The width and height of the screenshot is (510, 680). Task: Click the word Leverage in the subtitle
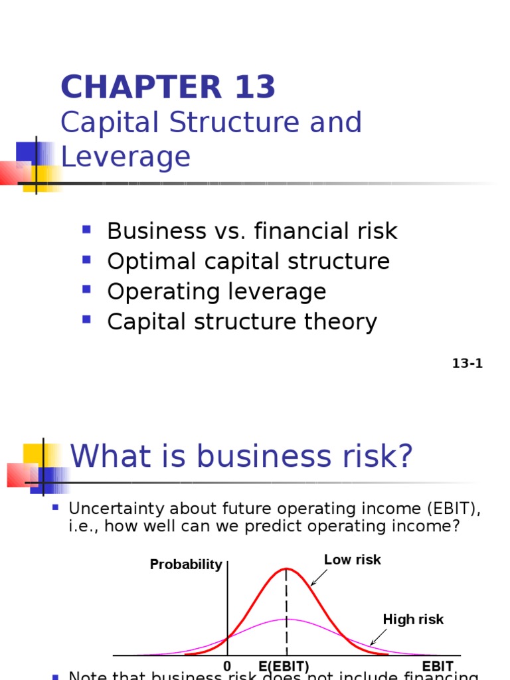[126, 157]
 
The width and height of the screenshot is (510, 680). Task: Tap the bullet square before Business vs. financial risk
[86, 230]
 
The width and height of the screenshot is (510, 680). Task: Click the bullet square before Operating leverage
[86, 290]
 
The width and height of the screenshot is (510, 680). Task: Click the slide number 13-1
[467, 363]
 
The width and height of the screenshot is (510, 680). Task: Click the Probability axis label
[186, 564]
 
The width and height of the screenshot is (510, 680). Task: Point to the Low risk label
[353, 560]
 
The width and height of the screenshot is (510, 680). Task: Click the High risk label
[413, 620]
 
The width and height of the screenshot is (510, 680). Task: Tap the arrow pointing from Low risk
[318, 578]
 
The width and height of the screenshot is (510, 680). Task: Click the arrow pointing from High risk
[378, 637]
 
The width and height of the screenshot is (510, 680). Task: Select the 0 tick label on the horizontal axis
[227, 666]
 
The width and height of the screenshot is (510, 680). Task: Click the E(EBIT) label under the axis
[284, 666]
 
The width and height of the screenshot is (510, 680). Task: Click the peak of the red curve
[287, 568]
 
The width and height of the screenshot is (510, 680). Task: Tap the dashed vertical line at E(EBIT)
[287, 618]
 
